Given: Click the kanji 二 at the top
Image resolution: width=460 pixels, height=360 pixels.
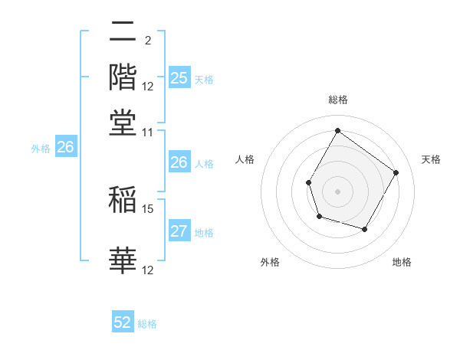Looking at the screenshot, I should (123, 34).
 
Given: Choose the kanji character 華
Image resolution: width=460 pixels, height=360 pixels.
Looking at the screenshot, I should (123, 260).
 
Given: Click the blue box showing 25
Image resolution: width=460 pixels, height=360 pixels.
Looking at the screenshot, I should (179, 78).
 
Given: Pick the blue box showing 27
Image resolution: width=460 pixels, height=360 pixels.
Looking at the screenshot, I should (179, 232).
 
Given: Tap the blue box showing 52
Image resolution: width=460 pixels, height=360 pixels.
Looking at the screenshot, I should (123, 323).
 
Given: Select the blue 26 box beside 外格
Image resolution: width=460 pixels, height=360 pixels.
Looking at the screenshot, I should (65, 148).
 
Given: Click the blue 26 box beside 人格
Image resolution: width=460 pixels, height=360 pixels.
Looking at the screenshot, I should (179, 162).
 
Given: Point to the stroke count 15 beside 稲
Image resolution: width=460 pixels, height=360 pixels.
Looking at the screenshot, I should (148, 208).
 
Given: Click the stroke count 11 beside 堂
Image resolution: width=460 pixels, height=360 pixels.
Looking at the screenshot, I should (148, 132).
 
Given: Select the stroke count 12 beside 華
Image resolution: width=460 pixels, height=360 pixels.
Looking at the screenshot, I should (148, 270).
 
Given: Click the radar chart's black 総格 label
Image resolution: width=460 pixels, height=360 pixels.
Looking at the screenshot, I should (337, 100).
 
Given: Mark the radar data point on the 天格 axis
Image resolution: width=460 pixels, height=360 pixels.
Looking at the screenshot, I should (396, 172).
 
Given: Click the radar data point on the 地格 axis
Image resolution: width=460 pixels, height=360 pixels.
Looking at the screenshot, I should (365, 229).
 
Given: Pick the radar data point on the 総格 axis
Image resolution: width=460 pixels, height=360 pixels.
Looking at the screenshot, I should (337, 130).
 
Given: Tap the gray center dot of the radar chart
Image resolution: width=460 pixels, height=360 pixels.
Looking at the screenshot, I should (337, 191).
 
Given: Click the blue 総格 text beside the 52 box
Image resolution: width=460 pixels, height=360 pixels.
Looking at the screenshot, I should (147, 324).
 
